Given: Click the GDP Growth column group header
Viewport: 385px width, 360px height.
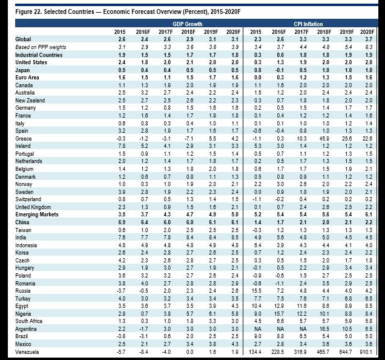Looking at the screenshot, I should point(183,23).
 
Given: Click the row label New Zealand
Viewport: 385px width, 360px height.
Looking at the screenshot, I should point(30,99).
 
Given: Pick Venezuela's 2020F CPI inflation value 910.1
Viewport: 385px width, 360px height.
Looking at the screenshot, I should point(366,352).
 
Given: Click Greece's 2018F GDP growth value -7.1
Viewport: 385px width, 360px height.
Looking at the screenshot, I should point(185,138).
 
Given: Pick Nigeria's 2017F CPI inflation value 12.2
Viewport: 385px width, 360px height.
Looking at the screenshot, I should point(300,313).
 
